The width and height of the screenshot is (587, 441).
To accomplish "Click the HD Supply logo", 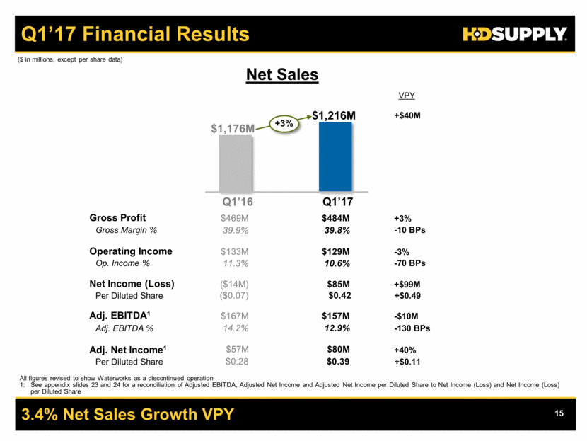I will [515, 33].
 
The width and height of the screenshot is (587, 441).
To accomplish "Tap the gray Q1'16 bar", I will [236, 163].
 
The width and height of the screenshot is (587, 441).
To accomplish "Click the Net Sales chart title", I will [282, 74].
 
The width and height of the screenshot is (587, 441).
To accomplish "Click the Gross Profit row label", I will [117, 218].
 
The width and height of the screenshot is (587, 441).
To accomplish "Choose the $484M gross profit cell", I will [335, 218].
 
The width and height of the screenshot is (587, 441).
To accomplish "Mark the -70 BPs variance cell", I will [411, 263].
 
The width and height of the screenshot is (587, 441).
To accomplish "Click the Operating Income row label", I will [130, 251].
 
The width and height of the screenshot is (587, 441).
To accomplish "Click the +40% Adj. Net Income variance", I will [405, 350].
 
